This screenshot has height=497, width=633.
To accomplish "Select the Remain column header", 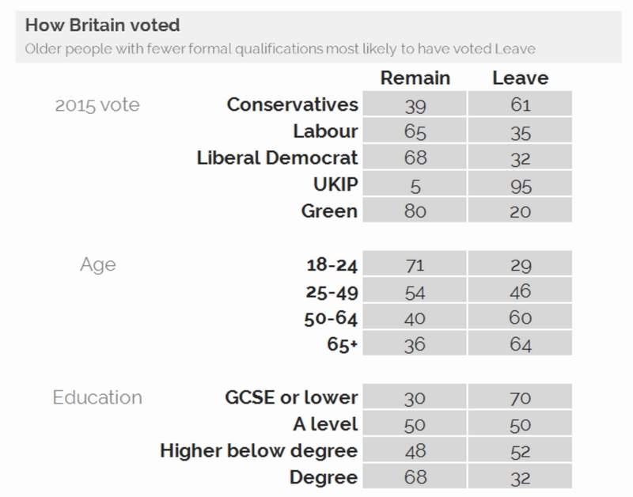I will pos(415,78).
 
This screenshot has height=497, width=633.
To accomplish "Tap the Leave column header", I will pos(519,78).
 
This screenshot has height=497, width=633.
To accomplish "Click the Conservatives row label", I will pos(293,104).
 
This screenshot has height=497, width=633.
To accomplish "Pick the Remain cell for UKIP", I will pos(415,184).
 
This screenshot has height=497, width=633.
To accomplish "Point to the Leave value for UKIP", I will pos(519,184).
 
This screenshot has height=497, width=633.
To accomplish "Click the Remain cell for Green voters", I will pos(415,211).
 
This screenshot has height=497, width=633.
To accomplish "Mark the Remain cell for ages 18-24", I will pos(415,265).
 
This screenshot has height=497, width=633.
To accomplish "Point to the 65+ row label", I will pos(341,345).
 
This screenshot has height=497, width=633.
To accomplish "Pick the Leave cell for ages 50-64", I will pos(519,318).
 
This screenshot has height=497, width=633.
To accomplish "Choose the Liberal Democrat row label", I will pos(277,157).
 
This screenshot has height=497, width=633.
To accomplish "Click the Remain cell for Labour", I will pos(415,131).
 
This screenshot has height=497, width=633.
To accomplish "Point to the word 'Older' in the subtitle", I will pos(44,49).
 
